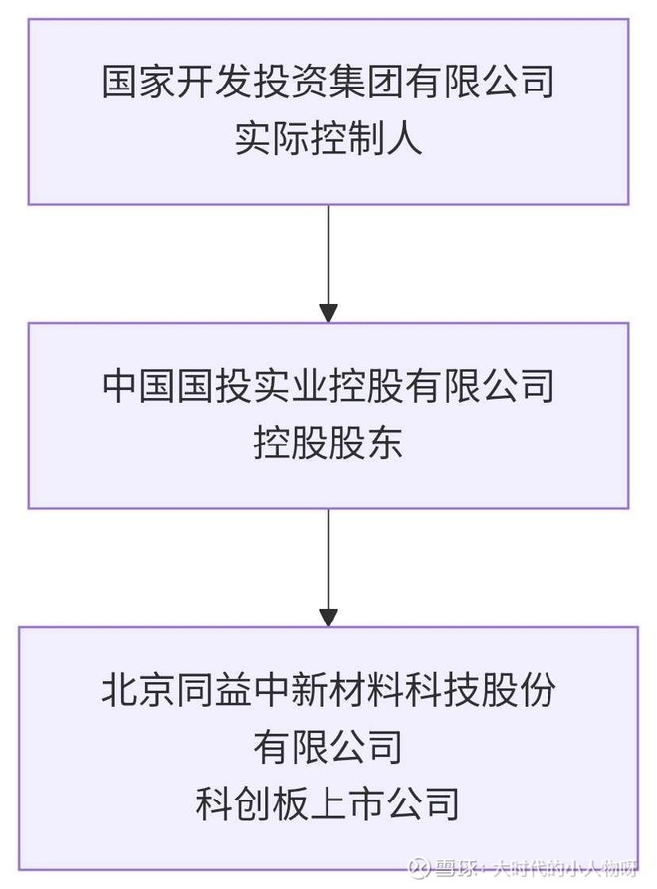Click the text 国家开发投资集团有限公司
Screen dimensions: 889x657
[328, 82]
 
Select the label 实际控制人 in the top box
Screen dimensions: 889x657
[328, 137]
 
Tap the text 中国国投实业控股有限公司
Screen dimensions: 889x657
[328, 386]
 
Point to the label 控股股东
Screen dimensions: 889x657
[328, 442]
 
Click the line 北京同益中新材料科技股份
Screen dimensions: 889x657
[328, 690]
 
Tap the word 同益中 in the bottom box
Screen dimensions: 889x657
[227, 690]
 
